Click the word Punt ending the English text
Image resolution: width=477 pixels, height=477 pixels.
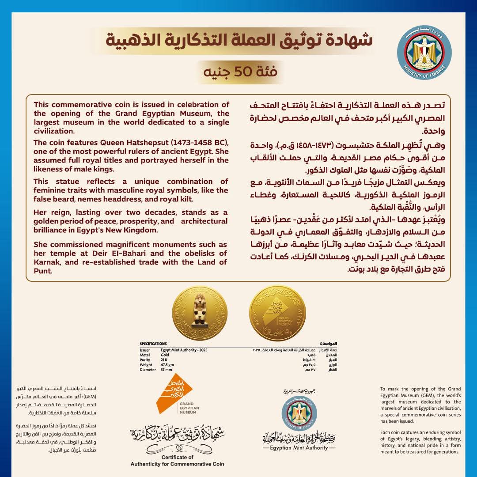coord(44,271)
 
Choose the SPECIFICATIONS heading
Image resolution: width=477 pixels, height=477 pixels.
coord(153,343)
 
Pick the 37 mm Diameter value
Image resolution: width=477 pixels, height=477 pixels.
coord(167,370)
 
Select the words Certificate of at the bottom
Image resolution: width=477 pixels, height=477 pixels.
coord(178,457)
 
